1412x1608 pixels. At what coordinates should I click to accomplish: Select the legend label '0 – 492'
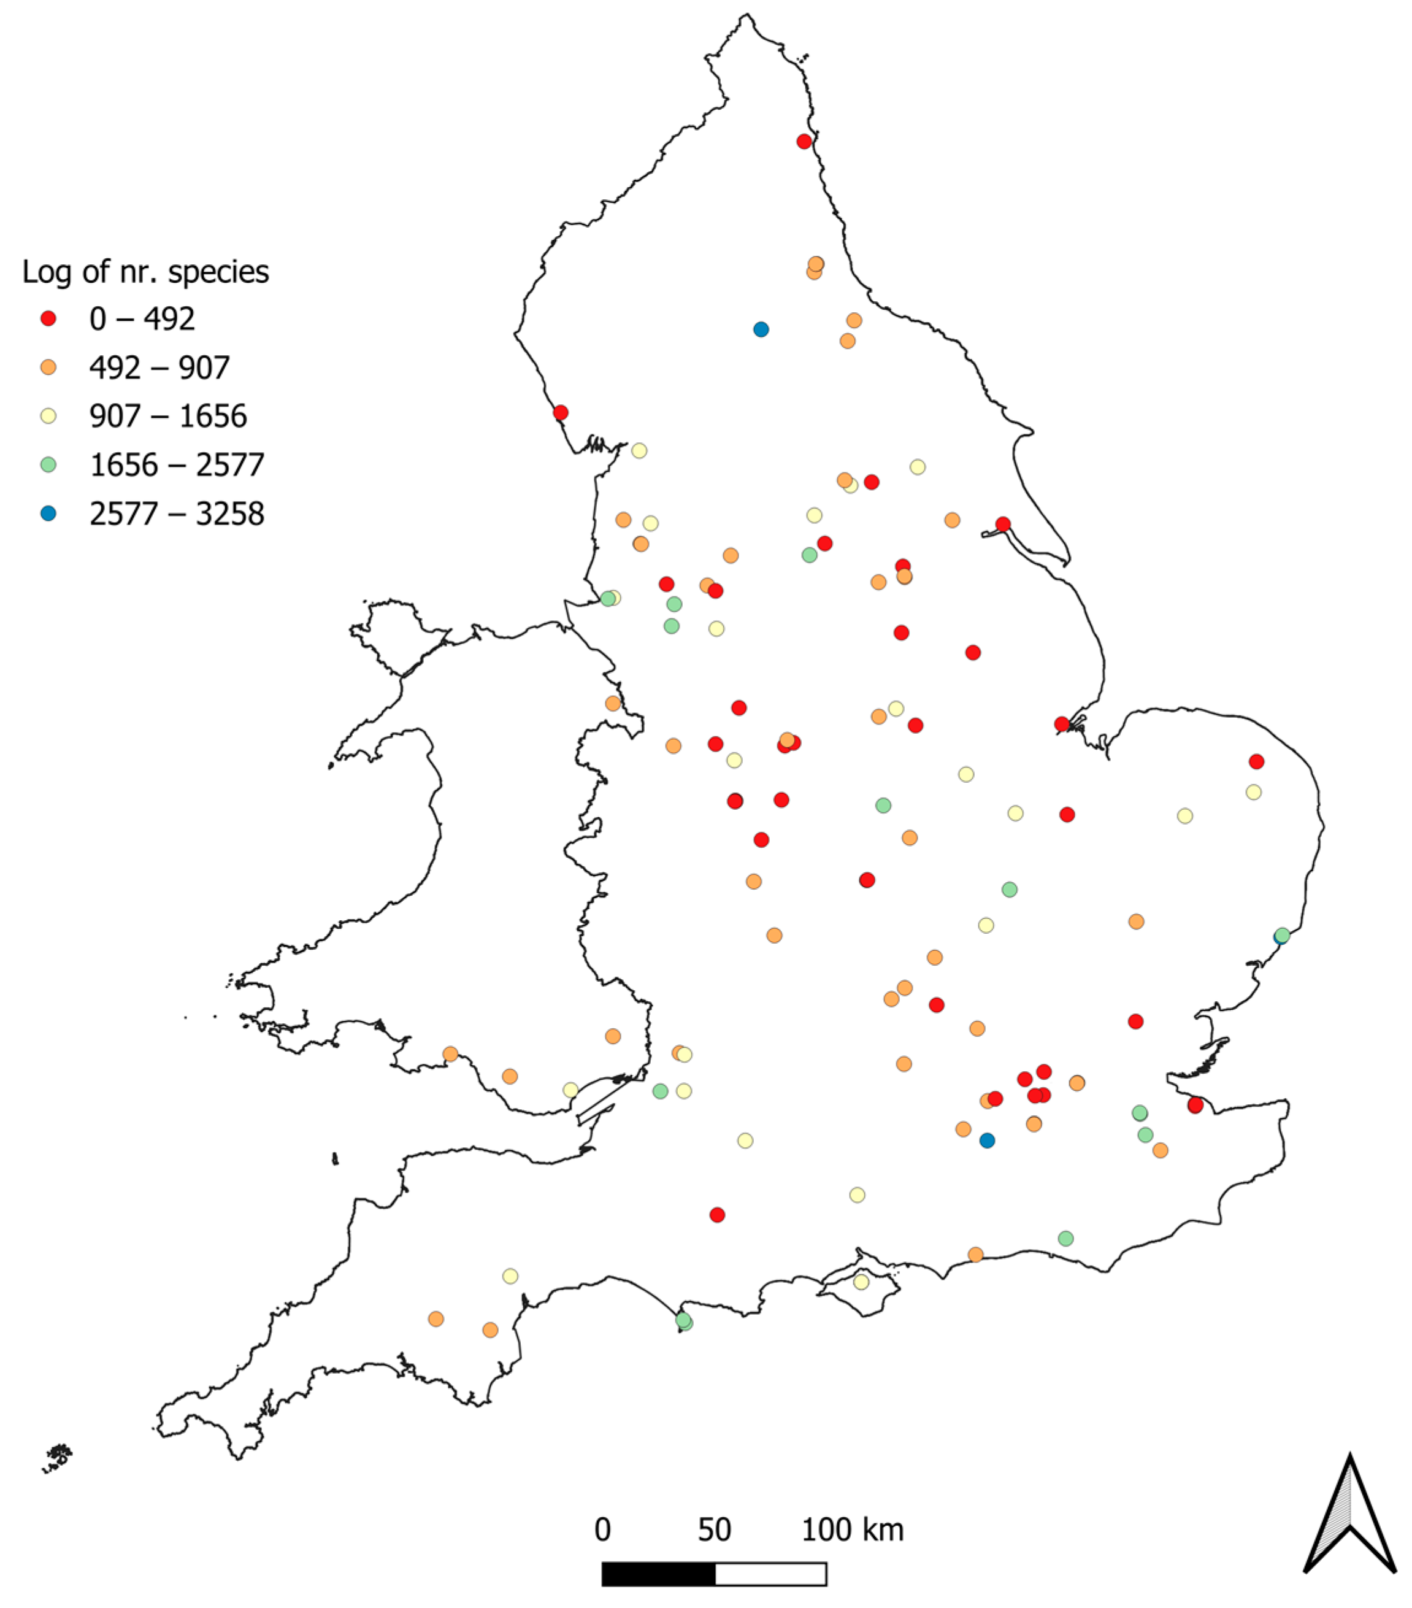[x=142, y=318]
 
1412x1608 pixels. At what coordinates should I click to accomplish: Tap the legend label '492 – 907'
[x=159, y=367]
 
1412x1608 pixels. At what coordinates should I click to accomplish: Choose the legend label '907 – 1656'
[x=167, y=416]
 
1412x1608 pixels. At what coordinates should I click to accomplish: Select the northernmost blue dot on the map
[x=761, y=329]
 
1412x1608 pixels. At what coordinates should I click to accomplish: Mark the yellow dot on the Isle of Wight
[x=861, y=1282]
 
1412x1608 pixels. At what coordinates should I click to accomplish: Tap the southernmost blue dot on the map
[x=987, y=1141]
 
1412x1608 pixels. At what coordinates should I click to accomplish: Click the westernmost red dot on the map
[x=561, y=413]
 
